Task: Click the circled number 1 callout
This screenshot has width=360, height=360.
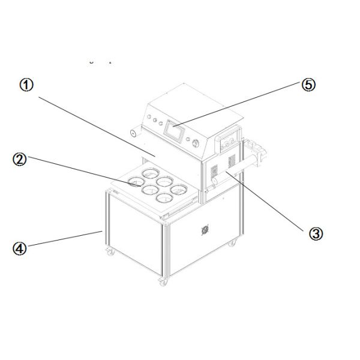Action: (x=26, y=85)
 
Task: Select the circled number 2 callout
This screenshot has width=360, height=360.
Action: (x=20, y=160)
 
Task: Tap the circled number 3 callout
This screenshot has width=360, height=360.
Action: (x=316, y=234)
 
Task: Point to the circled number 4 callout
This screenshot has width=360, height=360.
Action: (x=20, y=248)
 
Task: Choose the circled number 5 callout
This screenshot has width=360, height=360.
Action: (x=308, y=85)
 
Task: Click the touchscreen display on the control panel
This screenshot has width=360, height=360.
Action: (x=174, y=131)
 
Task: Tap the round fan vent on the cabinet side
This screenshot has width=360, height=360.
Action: (x=205, y=229)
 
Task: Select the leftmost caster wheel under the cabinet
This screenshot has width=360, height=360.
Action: (x=110, y=251)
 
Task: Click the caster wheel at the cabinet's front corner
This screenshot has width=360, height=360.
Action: (x=163, y=282)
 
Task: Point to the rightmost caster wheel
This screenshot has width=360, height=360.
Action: (x=232, y=242)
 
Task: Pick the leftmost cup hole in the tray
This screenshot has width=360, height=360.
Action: (x=136, y=182)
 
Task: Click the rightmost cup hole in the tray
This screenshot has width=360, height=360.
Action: (x=179, y=190)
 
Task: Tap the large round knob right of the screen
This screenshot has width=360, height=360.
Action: (x=196, y=143)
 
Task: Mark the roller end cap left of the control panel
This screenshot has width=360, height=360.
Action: (x=133, y=133)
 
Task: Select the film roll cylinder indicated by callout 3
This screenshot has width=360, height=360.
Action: (x=236, y=168)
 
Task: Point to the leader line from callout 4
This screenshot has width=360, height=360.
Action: (x=65, y=239)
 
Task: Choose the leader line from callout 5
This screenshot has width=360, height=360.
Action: (x=236, y=104)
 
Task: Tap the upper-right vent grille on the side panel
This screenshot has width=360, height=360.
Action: (x=232, y=161)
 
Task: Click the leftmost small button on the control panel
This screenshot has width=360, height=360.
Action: (x=149, y=116)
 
